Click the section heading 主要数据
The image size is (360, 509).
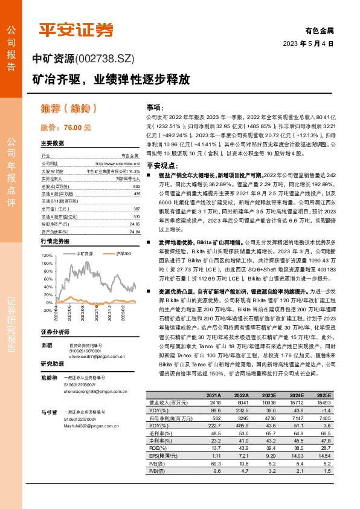coord(52,143)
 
